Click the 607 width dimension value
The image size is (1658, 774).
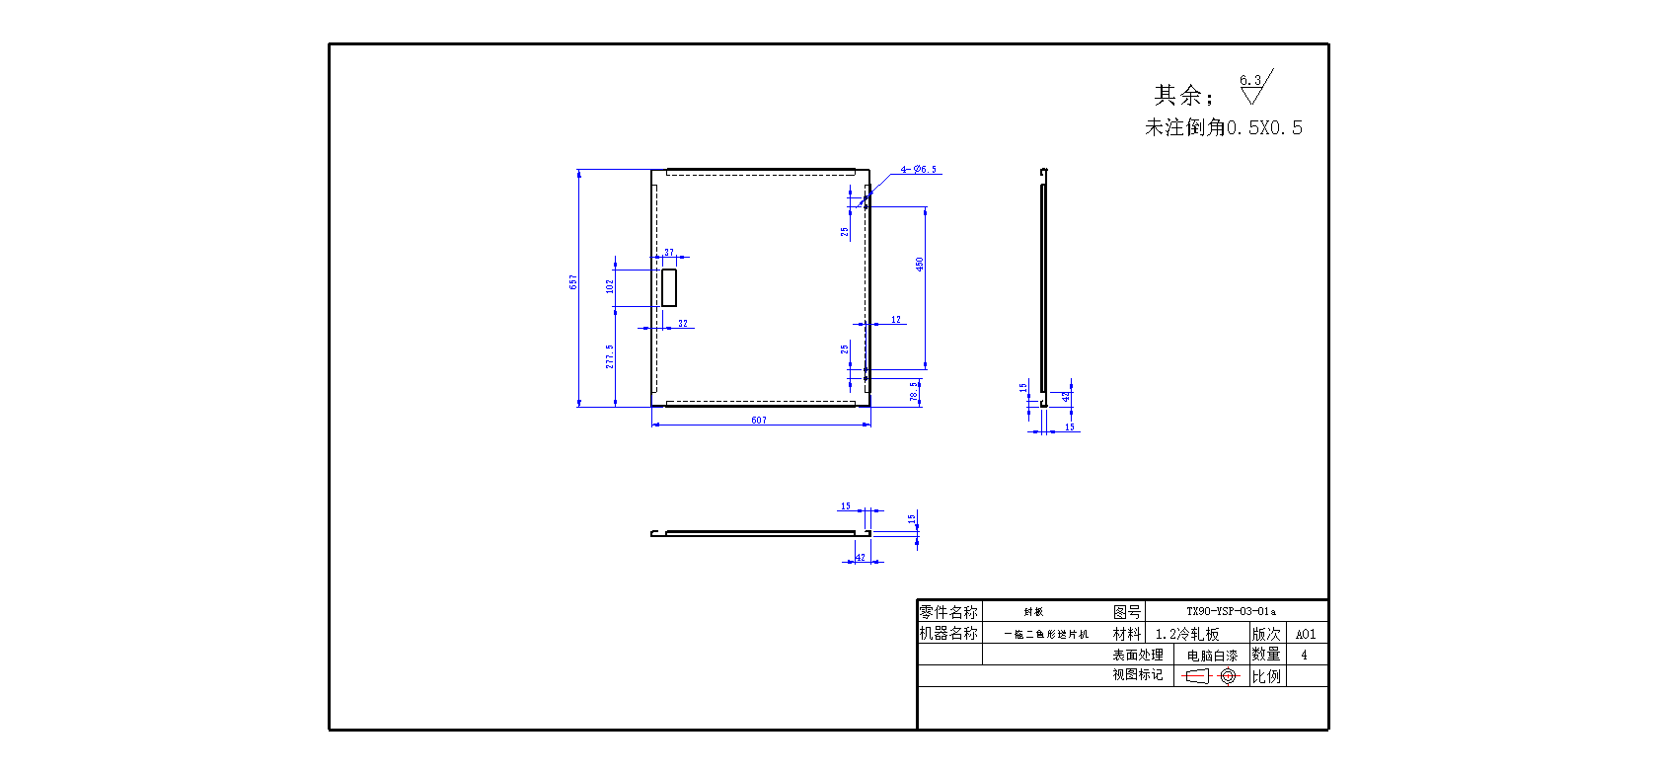[x=758, y=421]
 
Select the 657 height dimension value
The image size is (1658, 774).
[x=573, y=282]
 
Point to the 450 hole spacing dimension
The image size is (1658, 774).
[x=920, y=265]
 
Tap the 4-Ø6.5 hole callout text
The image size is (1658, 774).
[x=919, y=170]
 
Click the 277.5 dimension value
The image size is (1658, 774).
[x=610, y=356]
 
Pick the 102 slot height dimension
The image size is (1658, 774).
[x=610, y=286]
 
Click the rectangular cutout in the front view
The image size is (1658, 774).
[x=669, y=287]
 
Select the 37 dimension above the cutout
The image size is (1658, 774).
[x=669, y=253]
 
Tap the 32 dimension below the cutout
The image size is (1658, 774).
[x=683, y=324]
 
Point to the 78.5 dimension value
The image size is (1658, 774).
[x=915, y=392]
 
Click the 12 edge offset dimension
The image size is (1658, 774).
[x=896, y=320]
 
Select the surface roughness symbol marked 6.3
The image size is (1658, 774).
[x=1254, y=87]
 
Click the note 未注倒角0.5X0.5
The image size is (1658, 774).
[x=1224, y=128]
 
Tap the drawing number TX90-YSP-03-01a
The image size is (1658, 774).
[x=1231, y=612]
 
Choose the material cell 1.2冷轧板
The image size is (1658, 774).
[x=1187, y=634]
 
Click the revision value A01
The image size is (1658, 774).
[x=1306, y=635]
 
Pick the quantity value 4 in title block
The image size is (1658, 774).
[x=1304, y=655]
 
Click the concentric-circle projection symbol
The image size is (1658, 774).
[x=1228, y=676]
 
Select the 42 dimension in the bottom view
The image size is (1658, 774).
[x=860, y=558]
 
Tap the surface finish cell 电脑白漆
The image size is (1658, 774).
[x=1212, y=656]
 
